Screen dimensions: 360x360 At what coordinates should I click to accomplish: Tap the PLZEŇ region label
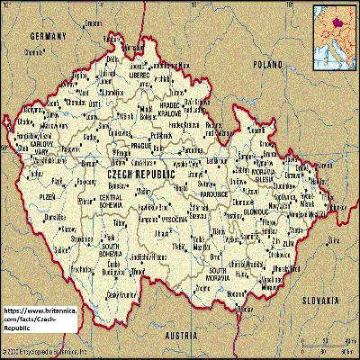[x=44, y=193]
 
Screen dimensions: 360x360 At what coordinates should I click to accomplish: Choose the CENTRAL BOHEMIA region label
[x=110, y=201]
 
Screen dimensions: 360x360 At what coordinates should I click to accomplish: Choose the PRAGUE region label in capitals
[x=142, y=145]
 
